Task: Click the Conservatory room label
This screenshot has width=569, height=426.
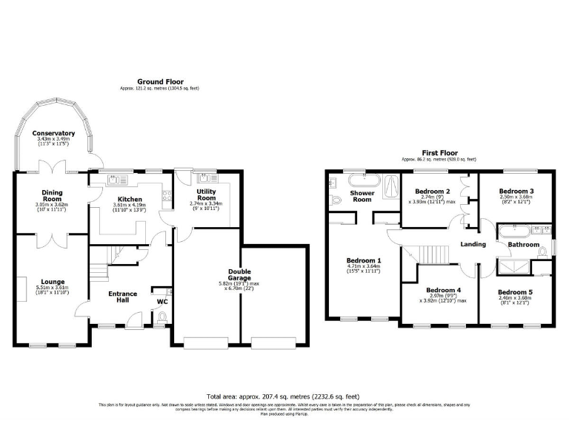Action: click(x=56, y=133)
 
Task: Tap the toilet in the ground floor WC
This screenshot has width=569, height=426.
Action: click(x=162, y=317)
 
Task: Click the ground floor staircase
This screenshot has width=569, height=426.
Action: click(x=110, y=256)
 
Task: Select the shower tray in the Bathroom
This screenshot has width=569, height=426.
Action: click(x=513, y=266)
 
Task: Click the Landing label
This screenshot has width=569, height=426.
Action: click(x=473, y=244)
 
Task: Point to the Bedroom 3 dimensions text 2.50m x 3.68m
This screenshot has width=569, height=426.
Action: click(x=515, y=197)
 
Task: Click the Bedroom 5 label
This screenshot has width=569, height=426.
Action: click(x=515, y=291)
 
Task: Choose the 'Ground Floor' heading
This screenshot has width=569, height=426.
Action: click(x=160, y=81)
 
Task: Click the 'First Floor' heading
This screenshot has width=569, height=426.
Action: click(x=439, y=152)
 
